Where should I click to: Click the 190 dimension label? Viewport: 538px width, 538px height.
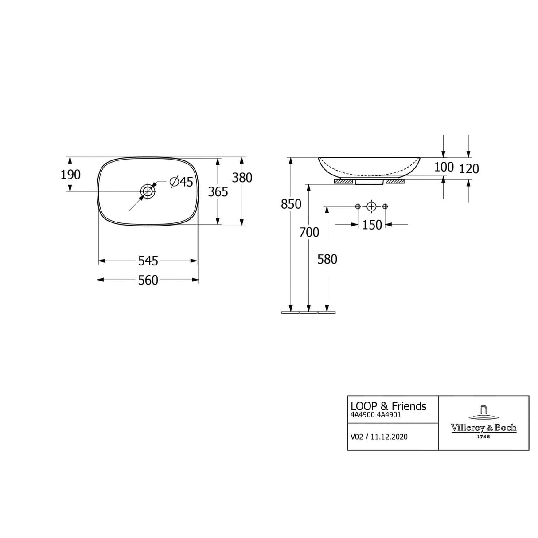point(70,175)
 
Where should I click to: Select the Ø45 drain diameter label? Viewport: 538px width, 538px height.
point(182,182)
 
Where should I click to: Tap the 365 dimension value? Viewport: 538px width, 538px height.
point(218,192)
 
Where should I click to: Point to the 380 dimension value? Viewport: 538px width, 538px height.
point(242,178)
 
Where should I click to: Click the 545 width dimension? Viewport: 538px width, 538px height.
point(148,261)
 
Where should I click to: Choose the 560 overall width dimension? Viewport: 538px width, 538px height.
point(148,280)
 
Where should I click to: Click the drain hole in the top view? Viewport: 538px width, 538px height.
point(148,191)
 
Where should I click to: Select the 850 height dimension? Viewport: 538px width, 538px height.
point(291,204)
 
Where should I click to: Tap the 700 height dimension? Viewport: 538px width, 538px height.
point(309,232)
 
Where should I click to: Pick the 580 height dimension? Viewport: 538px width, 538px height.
point(327,259)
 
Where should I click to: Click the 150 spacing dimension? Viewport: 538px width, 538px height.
point(372,225)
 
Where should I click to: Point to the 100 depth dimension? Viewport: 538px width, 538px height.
point(444,167)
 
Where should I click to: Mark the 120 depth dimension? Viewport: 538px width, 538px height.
point(469,169)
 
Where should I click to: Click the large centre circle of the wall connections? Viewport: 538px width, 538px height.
point(371,207)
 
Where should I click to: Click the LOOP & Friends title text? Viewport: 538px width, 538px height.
point(388,406)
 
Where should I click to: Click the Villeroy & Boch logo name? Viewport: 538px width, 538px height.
point(483,428)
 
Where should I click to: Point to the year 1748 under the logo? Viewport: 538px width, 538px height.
point(483,437)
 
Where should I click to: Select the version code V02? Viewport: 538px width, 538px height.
point(357,437)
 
